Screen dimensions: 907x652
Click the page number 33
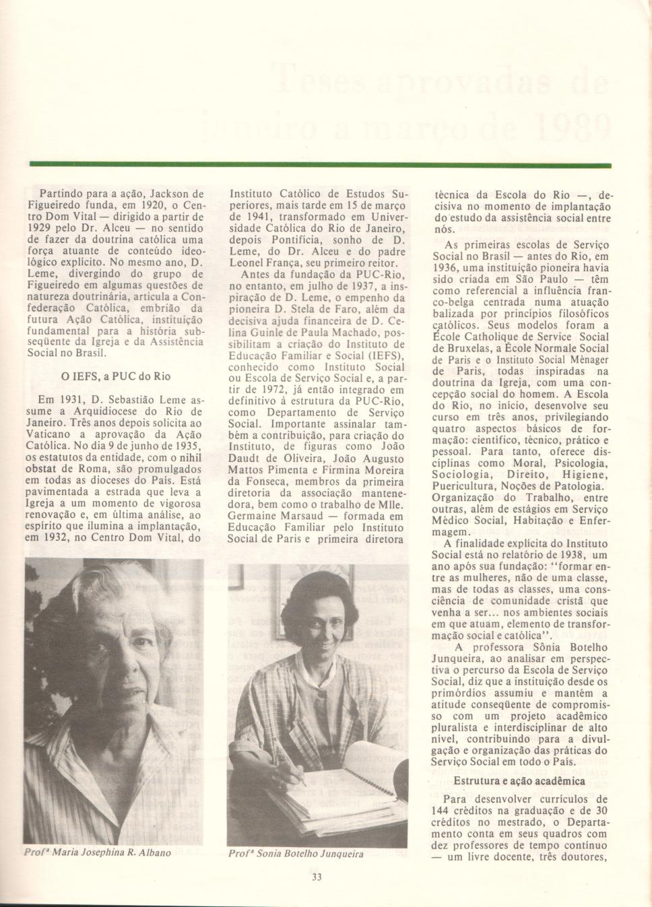pos(318,877)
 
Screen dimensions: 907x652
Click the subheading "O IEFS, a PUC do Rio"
pos(119,377)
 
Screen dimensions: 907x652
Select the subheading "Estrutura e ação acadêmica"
pos(519,781)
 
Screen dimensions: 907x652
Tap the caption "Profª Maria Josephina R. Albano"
pos(98,853)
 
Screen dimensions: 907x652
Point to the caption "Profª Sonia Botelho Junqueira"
pos(296,854)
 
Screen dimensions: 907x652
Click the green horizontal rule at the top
pos(320,164)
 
